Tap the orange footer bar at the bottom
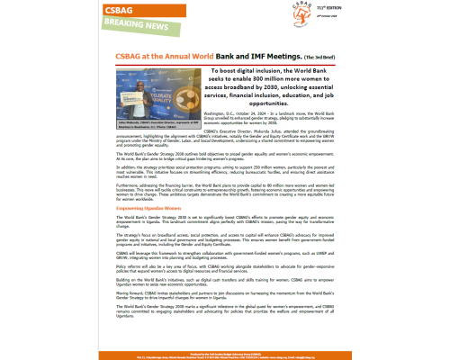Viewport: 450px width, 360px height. pos(225,354)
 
